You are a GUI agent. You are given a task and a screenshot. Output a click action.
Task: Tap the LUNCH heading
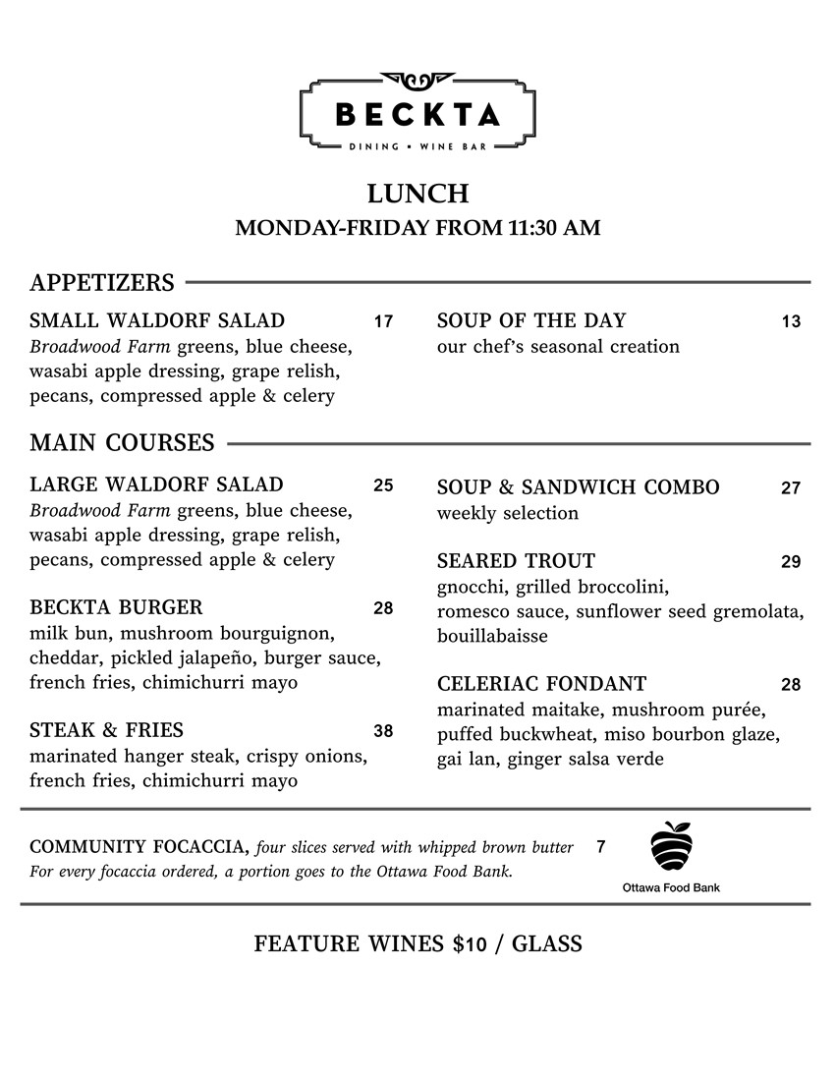click(x=417, y=193)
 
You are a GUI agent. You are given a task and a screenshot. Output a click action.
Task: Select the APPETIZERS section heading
click(x=102, y=283)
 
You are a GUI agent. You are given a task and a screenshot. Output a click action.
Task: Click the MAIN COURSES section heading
click(x=122, y=443)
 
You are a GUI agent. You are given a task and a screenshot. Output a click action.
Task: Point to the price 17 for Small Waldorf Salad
click(x=383, y=321)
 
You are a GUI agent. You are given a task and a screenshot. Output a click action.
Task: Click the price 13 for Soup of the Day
click(x=791, y=321)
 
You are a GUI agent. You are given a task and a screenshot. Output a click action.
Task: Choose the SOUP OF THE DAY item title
click(x=530, y=320)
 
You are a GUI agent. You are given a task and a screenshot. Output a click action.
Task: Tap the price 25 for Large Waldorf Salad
click(x=383, y=485)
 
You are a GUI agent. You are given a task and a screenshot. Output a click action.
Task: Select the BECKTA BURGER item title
click(x=116, y=607)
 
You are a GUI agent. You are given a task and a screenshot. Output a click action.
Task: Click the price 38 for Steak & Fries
click(x=383, y=731)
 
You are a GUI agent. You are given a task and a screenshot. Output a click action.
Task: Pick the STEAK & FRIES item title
click(x=106, y=730)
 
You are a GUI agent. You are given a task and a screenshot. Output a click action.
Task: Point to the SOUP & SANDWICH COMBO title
click(x=578, y=487)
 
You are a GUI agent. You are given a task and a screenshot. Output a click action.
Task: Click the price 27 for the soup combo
click(x=791, y=488)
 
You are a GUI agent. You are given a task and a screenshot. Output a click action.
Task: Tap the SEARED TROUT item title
click(x=516, y=561)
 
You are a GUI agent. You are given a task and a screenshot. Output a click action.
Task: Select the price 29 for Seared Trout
click(x=791, y=562)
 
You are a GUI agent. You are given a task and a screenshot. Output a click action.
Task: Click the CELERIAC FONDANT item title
click(x=541, y=684)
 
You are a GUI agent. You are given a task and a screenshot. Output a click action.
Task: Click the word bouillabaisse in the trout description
click(x=492, y=636)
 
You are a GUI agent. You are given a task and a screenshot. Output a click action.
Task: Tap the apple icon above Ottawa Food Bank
click(x=671, y=846)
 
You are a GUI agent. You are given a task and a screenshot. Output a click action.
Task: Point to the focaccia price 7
click(x=600, y=847)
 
